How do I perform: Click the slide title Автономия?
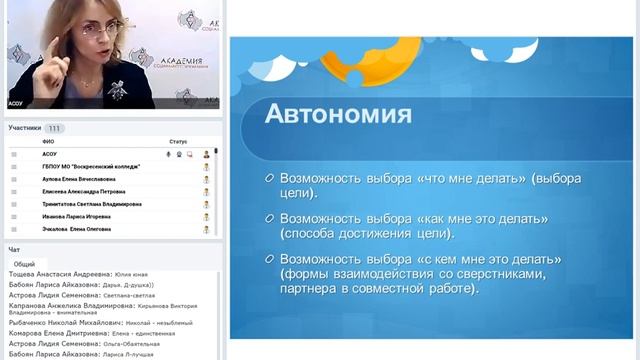click(337, 113)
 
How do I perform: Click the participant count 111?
click(54, 128)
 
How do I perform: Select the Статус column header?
click(178, 142)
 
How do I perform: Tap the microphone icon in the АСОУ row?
click(167, 155)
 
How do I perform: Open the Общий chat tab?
click(24, 264)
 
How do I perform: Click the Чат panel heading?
click(14, 249)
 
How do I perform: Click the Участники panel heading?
click(25, 128)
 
